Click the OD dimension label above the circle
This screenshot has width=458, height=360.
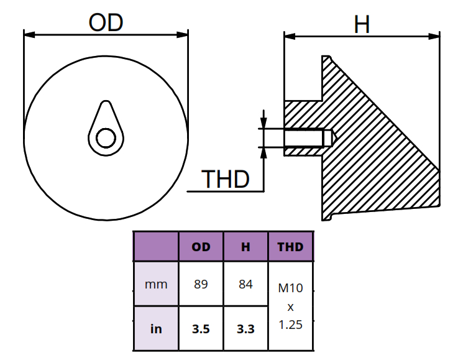pos(106,23)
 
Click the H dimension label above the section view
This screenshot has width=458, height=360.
pos(362,25)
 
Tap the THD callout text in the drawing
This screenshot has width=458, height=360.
pos(226,180)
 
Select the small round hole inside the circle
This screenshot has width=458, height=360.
pos(106,138)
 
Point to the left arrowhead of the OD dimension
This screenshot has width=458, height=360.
pos(29,35)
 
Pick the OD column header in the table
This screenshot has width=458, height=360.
pos(201,247)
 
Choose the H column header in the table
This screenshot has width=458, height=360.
pos(245,247)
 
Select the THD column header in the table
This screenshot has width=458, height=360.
pos(290,247)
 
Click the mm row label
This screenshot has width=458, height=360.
pos(156,285)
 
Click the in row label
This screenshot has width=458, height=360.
pos(156,329)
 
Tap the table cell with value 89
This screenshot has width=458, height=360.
pos(201,285)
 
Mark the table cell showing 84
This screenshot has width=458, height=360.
pos(245,285)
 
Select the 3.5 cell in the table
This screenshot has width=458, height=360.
pos(201,329)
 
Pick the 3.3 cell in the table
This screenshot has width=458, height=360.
pos(245,329)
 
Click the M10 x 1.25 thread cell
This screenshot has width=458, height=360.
pos(290,307)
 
